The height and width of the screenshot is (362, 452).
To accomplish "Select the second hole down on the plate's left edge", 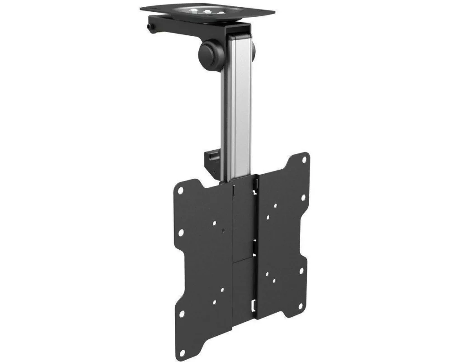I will pos(181,233).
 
